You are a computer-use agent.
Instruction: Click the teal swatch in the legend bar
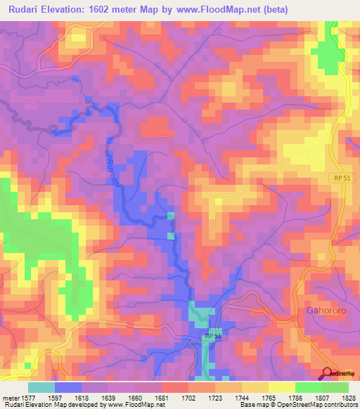(41, 387)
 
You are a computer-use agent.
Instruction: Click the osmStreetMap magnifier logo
(328, 374)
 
